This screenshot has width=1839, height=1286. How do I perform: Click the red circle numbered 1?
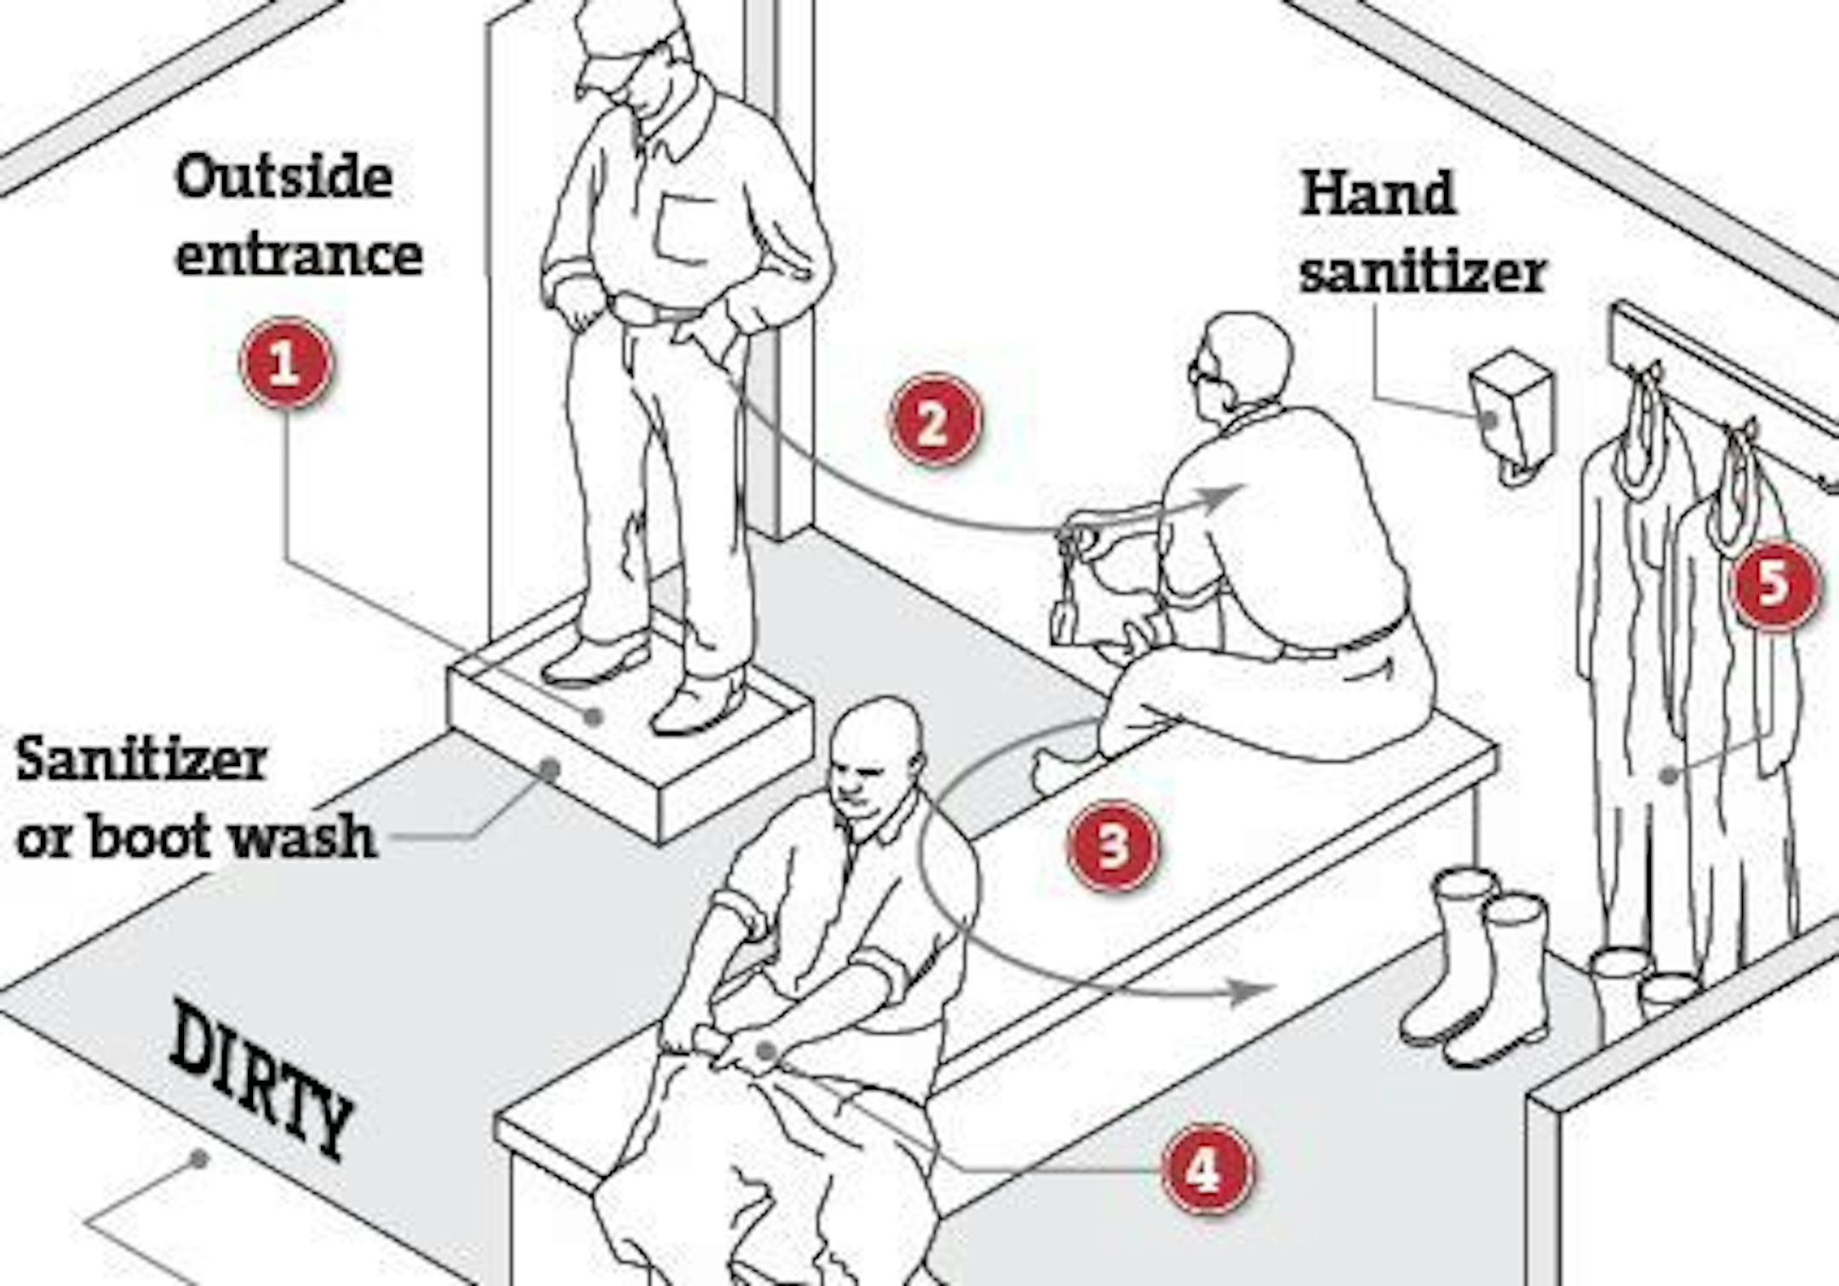click(x=286, y=363)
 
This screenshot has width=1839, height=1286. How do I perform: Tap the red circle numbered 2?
click(x=934, y=420)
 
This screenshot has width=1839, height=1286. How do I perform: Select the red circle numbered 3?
click(x=1114, y=845)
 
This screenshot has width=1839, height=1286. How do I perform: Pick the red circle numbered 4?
click(x=1207, y=1169)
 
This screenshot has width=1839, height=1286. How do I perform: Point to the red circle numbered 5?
click(x=1774, y=584)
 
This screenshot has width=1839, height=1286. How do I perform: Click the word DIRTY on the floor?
click(x=261, y=1077)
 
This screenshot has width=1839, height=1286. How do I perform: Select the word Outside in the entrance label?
click(x=284, y=177)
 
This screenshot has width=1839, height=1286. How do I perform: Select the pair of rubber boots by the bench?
click(x=1476, y=966)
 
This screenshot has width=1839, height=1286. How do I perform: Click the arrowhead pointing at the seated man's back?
click(x=1226, y=495)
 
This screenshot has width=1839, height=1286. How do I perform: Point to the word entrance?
click(x=299, y=255)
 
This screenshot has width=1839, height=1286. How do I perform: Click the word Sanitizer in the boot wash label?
click(x=141, y=759)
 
